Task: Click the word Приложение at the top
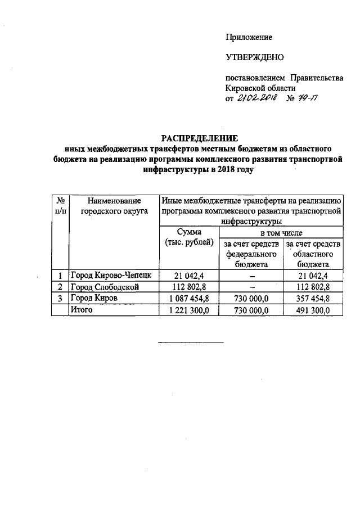pos(249,38)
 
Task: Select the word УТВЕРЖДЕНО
pos(255,57)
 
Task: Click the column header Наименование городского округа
pos(114,205)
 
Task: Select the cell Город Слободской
pos(103,287)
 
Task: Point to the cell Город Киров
pos(93,299)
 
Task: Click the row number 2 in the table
pos(60,287)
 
